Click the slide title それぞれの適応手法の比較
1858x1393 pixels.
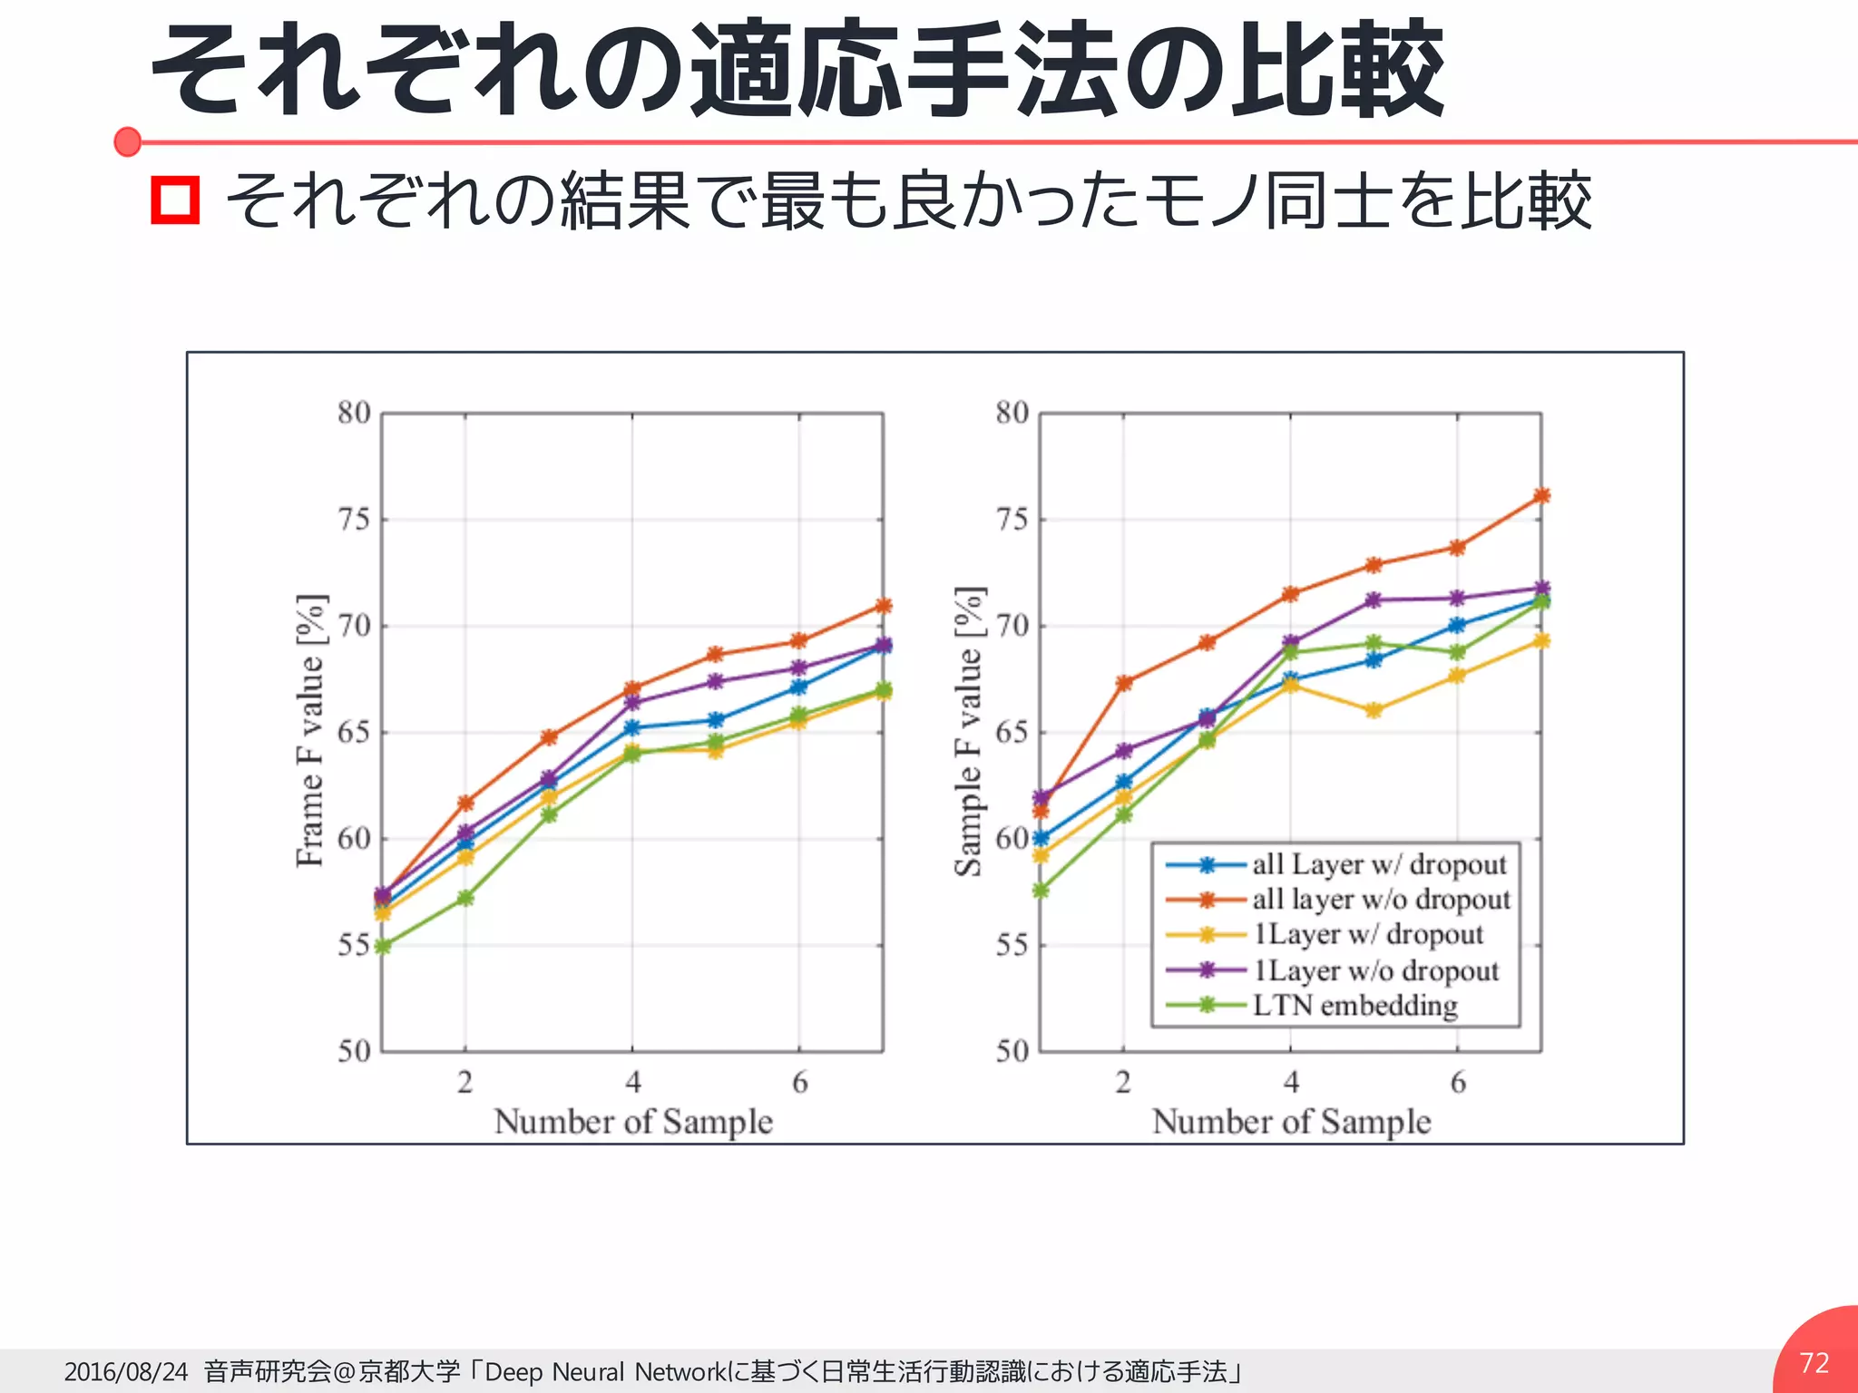(797, 71)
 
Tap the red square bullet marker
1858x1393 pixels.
(175, 200)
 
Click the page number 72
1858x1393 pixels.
(1814, 1362)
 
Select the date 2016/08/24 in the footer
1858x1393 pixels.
(126, 1371)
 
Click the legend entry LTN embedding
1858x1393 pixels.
(1354, 1005)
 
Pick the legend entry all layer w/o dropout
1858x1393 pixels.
(1381, 899)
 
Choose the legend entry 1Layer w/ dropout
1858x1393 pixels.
(1368, 934)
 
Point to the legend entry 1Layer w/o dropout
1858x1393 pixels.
(1375, 970)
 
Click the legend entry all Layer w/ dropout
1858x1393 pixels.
(1379, 864)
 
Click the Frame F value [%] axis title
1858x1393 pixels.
(310, 731)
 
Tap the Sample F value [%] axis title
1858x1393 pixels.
(968, 731)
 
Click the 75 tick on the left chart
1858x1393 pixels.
(354, 520)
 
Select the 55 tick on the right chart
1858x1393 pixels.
(1012, 945)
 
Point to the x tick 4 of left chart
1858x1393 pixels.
(632, 1081)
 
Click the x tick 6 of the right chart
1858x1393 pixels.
(1458, 1081)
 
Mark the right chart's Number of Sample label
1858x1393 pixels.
(1291, 1122)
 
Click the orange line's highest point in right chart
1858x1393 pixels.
(1541, 496)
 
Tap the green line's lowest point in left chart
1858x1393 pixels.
(382, 946)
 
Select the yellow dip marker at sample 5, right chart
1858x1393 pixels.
(1374, 710)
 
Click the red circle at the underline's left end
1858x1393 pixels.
(128, 141)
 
